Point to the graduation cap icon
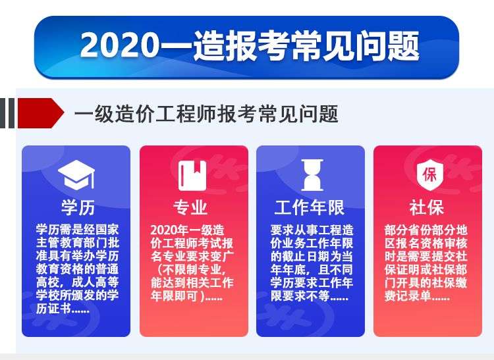coord(76,174)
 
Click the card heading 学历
coord(78,207)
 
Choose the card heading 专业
coord(191,207)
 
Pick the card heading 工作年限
coord(310,207)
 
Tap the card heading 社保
coord(427,207)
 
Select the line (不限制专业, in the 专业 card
coord(191,269)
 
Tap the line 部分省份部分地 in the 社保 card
coord(426,230)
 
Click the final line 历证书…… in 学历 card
coord(63,309)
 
